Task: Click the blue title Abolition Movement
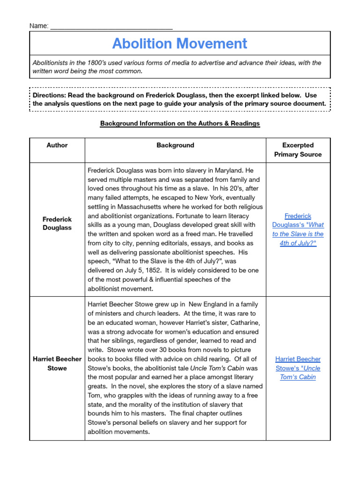(x=180, y=44)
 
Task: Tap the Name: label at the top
(x=39, y=26)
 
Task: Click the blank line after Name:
(x=111, y=27)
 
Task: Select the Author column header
(x=57, y=145)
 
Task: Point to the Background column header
(x=175, y=145)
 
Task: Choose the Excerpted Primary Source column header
(x=298, y=150)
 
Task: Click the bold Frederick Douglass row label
(x=57, y=223)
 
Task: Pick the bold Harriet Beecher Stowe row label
(x=57, y=363)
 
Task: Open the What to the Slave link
(x=298, y=230)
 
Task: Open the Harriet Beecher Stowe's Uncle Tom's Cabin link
(x=298, y=368)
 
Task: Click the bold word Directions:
(x=48, y=95)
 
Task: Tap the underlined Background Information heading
(x=180, y=123)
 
